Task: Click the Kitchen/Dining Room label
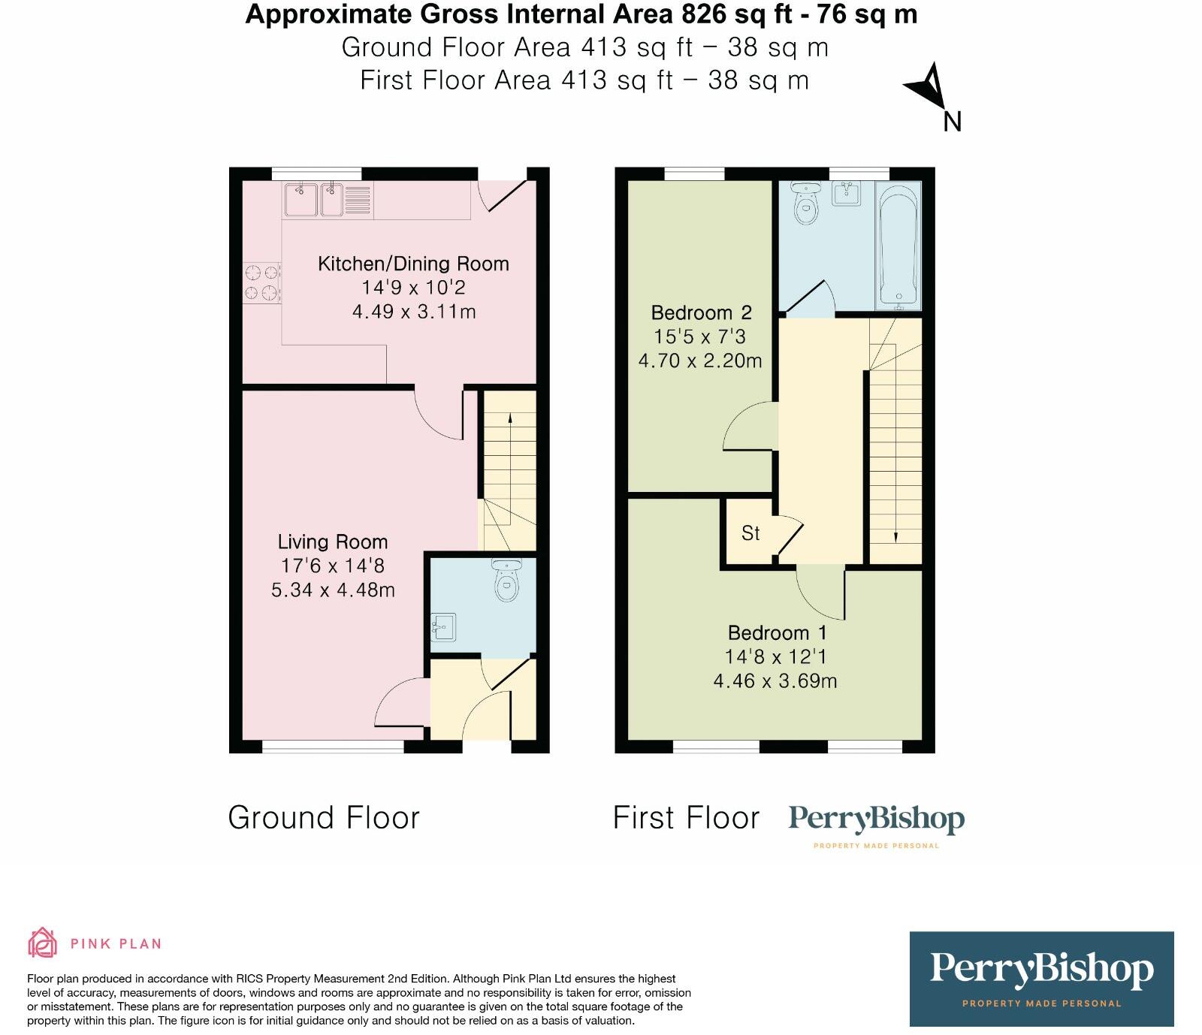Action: click(x=413, y=264)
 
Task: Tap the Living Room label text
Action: click(x=333, y=542)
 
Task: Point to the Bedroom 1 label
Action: click(x=778, y=632)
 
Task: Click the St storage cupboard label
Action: click(x=750, y=533)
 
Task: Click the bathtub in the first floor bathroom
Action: click(x=898, y=246)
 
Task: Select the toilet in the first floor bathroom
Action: click(x=806, y=204)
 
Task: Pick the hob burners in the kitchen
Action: click(x=261, y=282)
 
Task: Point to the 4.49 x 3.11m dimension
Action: click(x=414, y=312)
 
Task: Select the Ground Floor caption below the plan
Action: click(x=324, y=818)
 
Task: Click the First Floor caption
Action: click(x=686, y=818)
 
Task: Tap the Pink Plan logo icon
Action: click(x=43, y=943)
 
